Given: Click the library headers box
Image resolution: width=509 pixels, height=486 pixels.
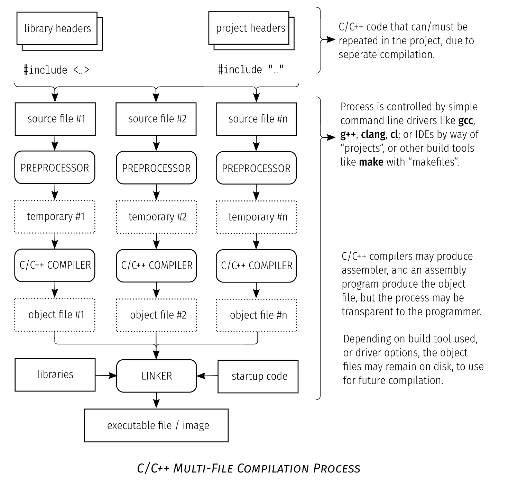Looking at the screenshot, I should point(57,29).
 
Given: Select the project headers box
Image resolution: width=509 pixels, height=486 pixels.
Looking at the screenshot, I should point(249,28).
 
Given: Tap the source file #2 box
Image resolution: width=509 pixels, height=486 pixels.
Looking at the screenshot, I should point(156,119).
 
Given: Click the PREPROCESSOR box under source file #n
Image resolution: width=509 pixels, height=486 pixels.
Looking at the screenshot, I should point(256,168).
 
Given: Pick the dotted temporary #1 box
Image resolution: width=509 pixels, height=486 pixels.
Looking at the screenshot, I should point(55,217).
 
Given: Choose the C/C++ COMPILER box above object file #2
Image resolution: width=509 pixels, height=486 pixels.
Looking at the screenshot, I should point(156,265).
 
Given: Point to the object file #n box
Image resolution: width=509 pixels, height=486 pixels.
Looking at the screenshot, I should point(256,315).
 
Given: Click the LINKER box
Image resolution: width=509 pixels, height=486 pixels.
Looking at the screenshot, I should point(156,376).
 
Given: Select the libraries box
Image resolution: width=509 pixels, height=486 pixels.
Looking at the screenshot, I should point(55,375).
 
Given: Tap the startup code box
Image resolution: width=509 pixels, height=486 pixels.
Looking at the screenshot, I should point(258,376).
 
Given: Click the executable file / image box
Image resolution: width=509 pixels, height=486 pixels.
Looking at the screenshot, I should point(156,425).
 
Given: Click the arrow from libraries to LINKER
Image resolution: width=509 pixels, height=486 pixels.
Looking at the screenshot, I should point(106,375).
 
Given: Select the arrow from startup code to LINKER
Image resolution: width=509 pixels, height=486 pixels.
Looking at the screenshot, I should point(207,376).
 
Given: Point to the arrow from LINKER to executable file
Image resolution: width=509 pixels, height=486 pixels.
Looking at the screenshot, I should point(156,400).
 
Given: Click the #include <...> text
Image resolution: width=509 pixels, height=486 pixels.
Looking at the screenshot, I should point(56,70).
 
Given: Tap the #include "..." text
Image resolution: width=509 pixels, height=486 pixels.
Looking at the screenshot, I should point(251,70).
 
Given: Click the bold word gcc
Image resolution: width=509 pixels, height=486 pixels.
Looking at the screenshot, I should point(465,121).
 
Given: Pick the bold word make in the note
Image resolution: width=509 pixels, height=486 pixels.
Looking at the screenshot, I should point(371,162).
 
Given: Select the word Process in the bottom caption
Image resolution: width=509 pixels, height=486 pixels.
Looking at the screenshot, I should point(337,468).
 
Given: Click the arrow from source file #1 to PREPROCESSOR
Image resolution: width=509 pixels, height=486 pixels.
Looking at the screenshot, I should point(55,143).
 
